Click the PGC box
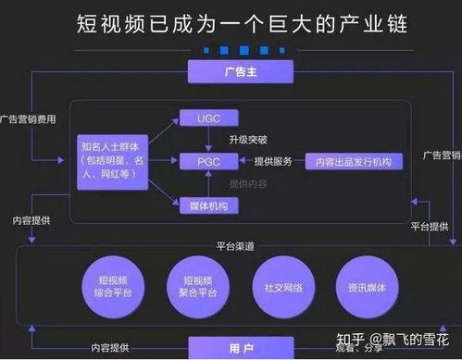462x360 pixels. point(206,161)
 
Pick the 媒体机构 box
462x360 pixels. point(206,205)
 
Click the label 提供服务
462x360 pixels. point(272,162)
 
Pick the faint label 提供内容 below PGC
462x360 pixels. point(247,183)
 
